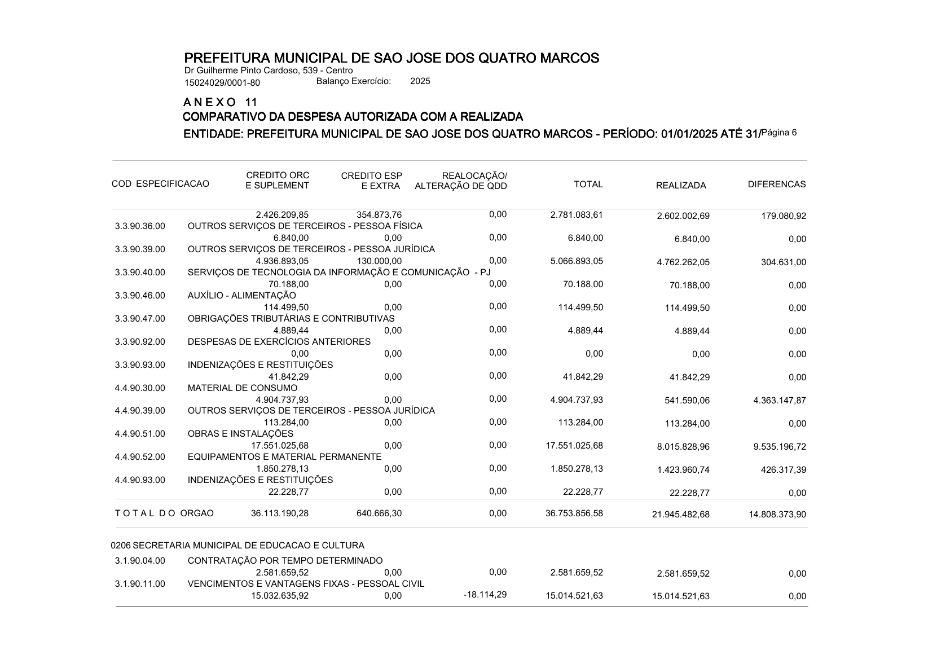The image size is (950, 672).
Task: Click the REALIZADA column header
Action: point(681,186)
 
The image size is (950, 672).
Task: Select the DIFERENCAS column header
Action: point(776,185)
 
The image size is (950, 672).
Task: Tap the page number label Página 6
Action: point(779,133)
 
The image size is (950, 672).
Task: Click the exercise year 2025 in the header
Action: point(420,81)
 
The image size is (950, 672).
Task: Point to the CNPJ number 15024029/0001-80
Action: point(222,83)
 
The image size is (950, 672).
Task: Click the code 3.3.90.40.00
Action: point(140,273)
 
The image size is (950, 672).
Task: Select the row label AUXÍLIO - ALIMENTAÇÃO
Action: point(241,295)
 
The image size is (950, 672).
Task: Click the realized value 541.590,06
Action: point(687,401)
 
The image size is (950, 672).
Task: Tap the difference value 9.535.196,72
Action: point(779,447)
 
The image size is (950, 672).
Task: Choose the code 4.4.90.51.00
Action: point(140,434)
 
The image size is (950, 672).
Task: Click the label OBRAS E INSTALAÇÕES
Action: point(240,434)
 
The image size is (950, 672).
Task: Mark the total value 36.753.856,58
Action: point(574,513)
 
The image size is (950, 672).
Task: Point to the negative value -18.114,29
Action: point(485,595)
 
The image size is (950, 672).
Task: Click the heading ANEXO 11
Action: point(220,102)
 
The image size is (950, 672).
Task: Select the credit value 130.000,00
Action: point(379,261)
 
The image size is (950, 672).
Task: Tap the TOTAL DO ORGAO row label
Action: point(164,513)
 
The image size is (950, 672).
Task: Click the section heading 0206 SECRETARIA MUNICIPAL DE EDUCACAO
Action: point(237,546)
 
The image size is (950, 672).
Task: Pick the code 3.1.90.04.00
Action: point(140,561)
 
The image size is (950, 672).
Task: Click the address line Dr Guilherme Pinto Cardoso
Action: point(269,71)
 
